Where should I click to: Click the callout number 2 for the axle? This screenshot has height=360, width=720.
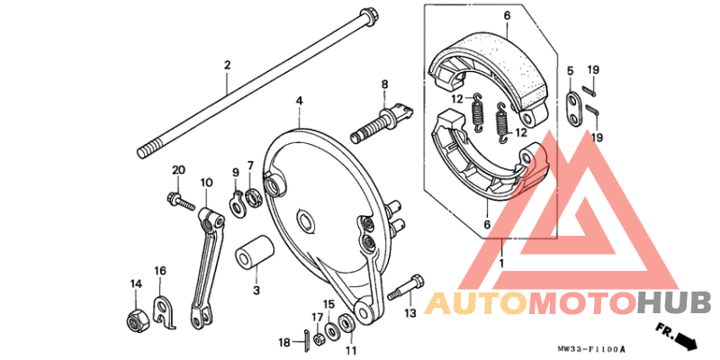(227, 65)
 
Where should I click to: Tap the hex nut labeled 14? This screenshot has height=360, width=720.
(138, 319)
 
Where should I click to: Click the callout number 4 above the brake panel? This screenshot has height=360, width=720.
(299, 100)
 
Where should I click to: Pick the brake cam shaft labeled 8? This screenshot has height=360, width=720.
(382, 121)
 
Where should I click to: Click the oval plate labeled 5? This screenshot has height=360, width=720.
(573, 109)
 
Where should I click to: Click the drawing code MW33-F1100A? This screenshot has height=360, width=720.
(591, 349)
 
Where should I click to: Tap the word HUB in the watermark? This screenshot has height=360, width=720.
(674, 303)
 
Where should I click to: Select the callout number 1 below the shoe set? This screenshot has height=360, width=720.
(501, 264)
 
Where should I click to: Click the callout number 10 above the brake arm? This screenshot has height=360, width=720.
(206, 183)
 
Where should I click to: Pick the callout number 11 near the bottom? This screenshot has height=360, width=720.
(351, 350)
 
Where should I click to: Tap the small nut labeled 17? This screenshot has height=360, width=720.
(318, 339)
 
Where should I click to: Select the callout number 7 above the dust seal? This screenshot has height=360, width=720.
(250, 165)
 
